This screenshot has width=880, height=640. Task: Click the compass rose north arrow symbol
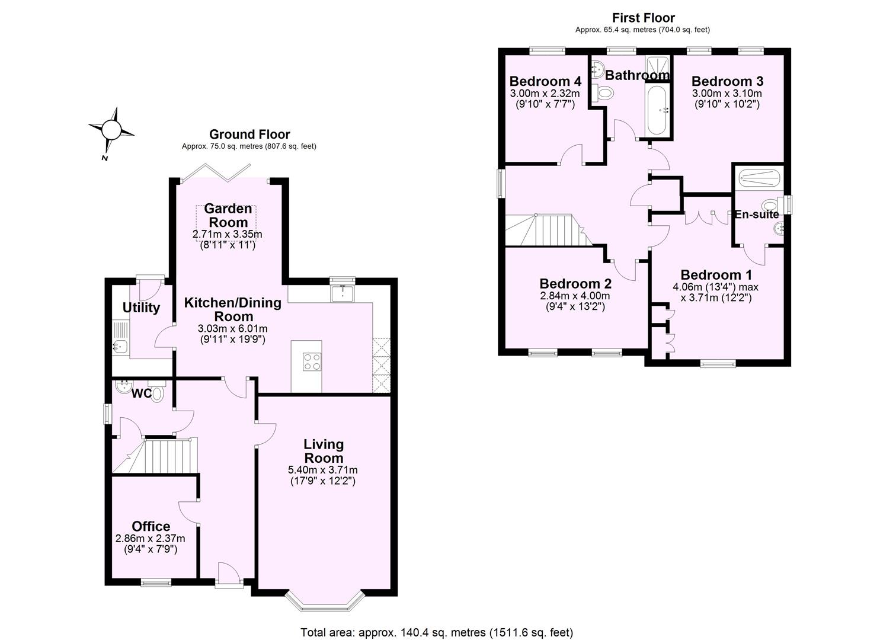(x=111, y=129)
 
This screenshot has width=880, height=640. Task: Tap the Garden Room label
(x=228, y=216)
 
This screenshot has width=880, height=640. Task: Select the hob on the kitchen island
(x=312, y=361)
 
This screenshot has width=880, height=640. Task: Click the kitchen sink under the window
(x=342, y=293)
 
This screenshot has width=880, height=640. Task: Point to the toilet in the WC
(x=157, y=393)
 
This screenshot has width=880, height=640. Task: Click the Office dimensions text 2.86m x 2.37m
(x=150, y=539)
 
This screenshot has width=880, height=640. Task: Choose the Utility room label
(x=141, y=308)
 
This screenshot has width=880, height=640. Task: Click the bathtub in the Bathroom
(x=657, y=110)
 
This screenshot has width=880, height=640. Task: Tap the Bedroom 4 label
(x=545, y=81)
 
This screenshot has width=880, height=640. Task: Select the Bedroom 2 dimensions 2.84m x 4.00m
(x=574, y=296)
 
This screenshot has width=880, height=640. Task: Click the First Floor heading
(x=643, y=18)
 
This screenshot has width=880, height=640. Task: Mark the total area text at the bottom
(x=437, y=632)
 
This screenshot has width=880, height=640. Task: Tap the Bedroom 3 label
(x=727, y=81)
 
